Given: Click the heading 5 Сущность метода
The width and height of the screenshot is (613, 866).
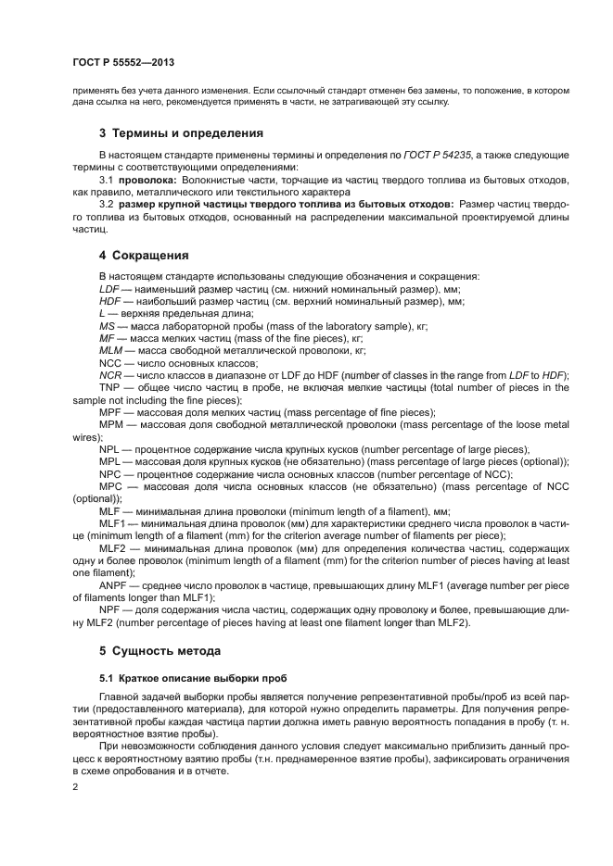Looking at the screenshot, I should [160, 651].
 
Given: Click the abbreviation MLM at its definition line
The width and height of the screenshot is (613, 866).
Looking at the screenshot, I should [111, 352].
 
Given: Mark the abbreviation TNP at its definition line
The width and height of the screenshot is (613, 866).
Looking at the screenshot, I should [110, 387].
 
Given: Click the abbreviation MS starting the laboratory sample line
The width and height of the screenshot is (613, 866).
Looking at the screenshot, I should [107, 327].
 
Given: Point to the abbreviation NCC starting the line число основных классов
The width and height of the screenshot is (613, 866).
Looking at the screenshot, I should [110, 364].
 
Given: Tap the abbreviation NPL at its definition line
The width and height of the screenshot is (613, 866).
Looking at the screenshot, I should [110, 449].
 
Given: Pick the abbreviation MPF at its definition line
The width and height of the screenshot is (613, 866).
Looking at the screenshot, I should [111, 412].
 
